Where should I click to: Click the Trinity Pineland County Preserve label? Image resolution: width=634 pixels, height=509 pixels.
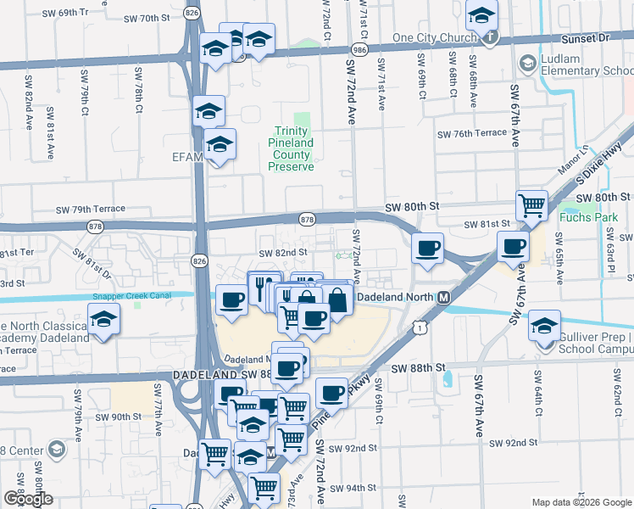tap(291, 149)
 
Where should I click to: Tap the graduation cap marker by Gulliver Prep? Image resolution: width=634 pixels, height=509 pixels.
tap(543, 324)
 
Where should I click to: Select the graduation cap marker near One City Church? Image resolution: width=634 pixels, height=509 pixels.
tap(481, 16)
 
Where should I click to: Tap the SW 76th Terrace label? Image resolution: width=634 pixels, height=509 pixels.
tap(471, 134)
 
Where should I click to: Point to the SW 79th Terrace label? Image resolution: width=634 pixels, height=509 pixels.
tap(91, 209)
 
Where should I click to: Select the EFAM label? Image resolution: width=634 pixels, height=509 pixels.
tap(186, 156)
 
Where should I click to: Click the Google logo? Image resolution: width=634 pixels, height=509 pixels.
tap(27, 499)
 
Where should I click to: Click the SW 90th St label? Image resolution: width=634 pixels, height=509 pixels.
tap(117, 417)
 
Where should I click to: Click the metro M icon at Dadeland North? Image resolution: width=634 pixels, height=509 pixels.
tap(442, 298)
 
